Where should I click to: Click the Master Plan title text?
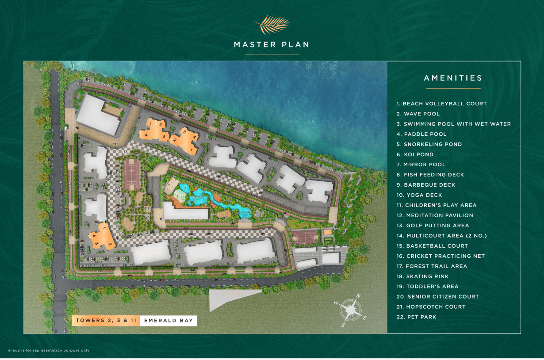pos(272,45)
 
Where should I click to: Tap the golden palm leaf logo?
pos(272,25)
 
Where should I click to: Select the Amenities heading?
pos(453,78)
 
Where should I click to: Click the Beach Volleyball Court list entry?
pos(441,103)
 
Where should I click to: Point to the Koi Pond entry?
pos(415,154)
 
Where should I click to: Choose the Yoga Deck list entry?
pos(419,195)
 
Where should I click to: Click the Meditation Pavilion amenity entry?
pos(435,215)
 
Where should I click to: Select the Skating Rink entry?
pos(422,276)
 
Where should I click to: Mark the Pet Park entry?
pos(416,317)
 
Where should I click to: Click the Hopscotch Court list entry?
pos(431,307)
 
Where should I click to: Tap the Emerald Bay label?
pos(169,321)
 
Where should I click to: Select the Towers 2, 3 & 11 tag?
pos(106,321)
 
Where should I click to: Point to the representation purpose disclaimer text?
pos(49,350)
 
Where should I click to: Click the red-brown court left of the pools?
pos(132,174)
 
